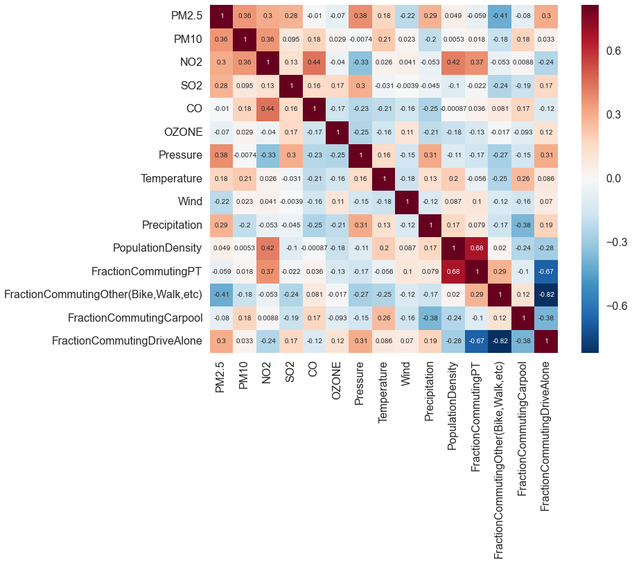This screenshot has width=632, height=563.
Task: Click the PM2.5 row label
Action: click(187, 16)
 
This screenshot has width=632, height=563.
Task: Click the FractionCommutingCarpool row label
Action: click(135, 318)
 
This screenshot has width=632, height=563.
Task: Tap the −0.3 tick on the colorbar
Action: click(608, 242)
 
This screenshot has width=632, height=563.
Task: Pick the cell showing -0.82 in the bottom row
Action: click(498, 341)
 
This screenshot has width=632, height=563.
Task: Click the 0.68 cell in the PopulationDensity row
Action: click(475, 248)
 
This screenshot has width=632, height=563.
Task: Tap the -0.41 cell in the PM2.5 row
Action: click(498, 16)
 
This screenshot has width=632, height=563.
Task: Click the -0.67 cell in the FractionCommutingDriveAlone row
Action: click(475, 341)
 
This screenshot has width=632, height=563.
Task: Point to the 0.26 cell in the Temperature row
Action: click(522, 178)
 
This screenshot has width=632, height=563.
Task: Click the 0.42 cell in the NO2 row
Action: click(452, 62)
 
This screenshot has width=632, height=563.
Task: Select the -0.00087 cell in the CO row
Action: click(452, 109)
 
